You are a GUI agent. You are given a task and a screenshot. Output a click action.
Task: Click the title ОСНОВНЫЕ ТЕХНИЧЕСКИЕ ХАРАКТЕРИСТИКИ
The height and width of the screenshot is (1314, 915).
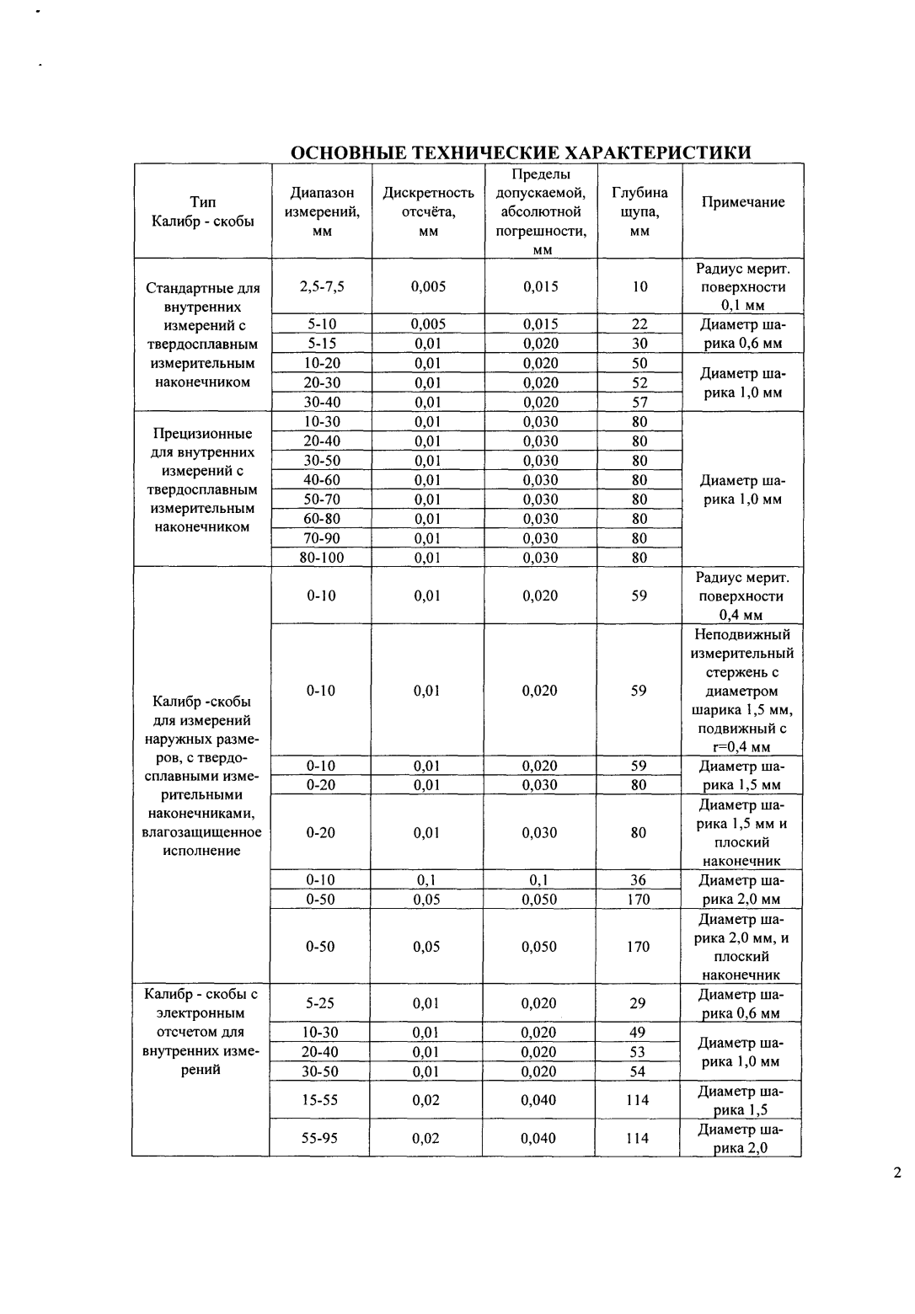[520, 152]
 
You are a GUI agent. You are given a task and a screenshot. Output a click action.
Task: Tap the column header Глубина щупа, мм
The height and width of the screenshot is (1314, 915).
[639, 211]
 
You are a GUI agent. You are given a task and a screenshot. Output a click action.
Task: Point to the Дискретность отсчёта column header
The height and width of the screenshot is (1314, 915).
[428, 211]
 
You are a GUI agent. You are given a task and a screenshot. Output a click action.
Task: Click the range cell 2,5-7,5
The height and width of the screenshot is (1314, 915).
[321, 286]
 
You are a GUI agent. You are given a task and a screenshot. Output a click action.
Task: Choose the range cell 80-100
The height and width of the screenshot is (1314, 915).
[321, 558]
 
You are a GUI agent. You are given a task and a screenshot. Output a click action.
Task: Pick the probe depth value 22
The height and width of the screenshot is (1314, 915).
[639, 324]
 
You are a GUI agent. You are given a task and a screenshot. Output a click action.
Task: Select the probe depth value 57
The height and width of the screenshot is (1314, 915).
[639, 402]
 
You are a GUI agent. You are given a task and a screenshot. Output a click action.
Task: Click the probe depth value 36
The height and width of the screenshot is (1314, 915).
[638, 880]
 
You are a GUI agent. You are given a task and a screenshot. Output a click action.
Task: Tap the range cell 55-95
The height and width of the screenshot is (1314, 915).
[319, 1138]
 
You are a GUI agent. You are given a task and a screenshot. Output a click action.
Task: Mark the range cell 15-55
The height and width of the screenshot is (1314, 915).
[319, 1100]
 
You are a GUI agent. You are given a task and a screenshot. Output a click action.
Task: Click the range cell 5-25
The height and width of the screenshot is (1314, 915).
[320, 1003]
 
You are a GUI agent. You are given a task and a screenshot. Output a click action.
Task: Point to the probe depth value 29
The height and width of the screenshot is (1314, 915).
[638, 1003]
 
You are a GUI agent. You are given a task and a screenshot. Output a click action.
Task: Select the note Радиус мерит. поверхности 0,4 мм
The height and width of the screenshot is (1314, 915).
[740, 596]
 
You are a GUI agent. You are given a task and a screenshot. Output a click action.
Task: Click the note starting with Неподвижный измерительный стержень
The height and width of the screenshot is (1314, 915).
[741, 691]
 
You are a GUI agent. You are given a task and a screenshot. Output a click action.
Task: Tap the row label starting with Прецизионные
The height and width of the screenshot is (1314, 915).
[202, 480]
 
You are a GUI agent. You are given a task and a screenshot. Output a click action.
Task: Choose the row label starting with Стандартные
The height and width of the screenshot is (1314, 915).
[202, 334]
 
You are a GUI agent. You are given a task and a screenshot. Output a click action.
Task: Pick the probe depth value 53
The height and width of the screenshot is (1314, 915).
[638, 1052]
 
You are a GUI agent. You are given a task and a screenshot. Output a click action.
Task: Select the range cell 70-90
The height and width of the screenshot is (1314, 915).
[321, 538]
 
